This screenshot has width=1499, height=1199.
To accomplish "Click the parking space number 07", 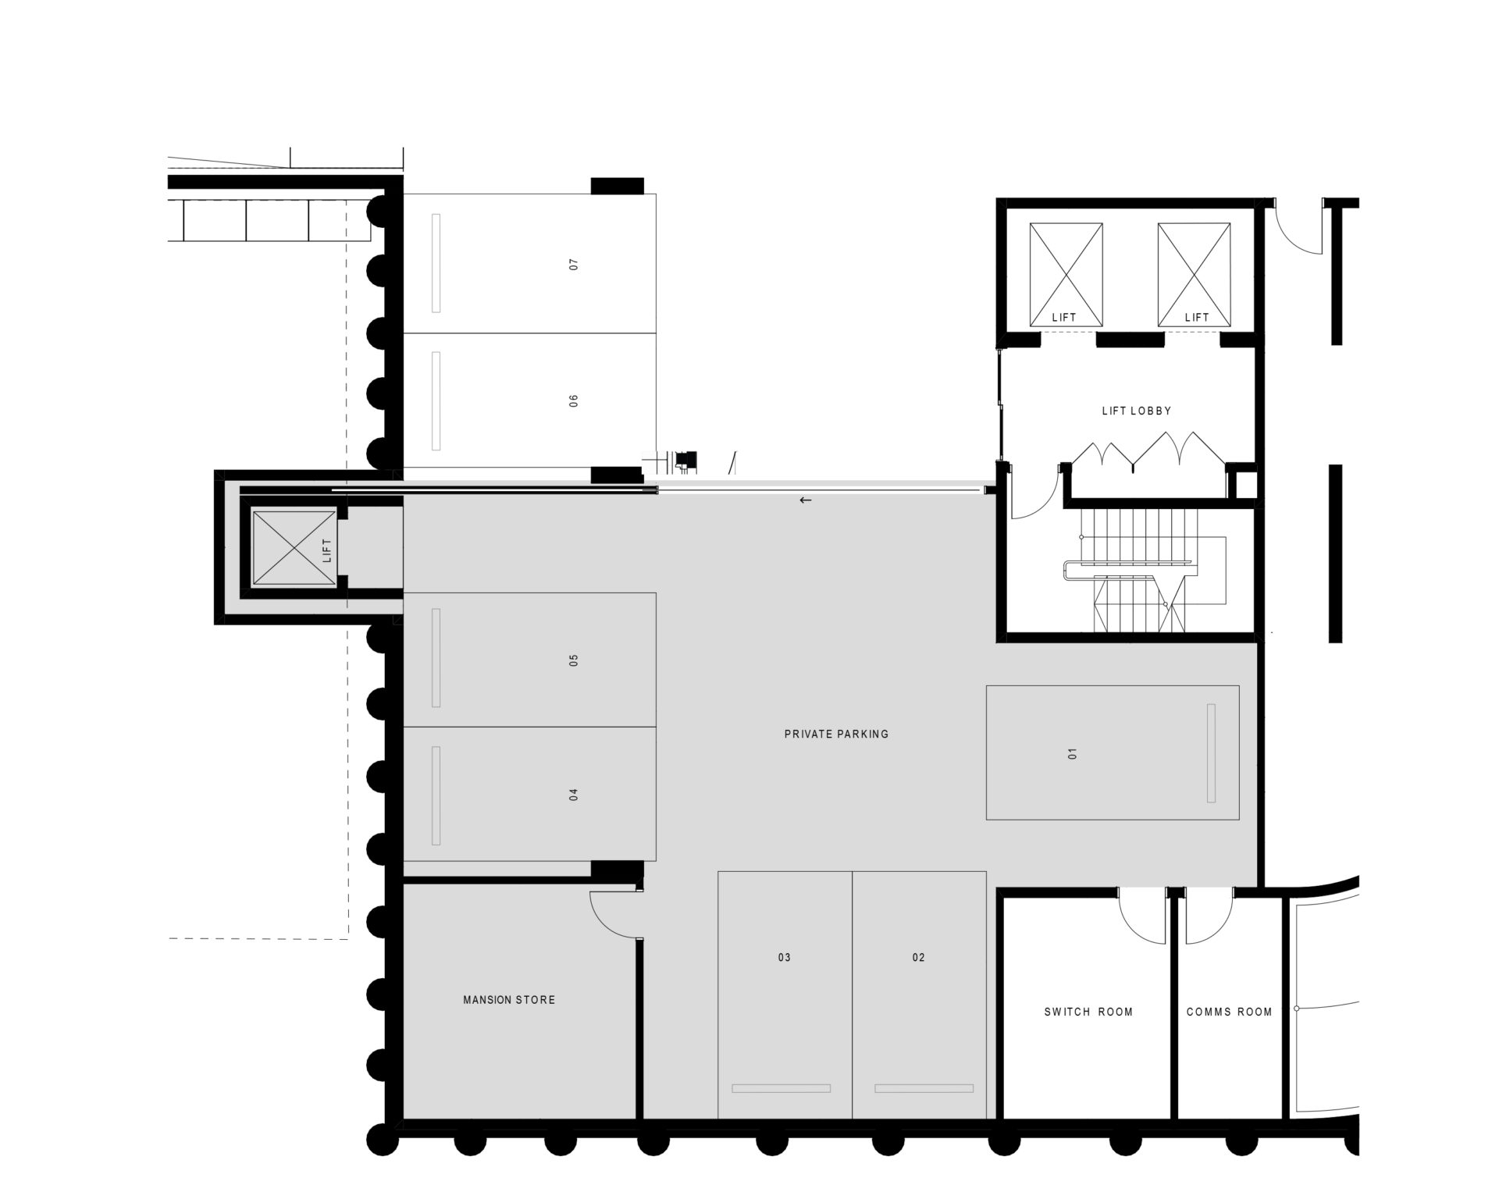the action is point(575,265).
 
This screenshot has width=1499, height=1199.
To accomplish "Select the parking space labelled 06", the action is point(575,401).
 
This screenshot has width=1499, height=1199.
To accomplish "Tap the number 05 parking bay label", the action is point(575,660).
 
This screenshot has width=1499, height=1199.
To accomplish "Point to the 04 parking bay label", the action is point(575,795).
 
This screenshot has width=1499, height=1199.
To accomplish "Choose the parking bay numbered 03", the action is point(785,958).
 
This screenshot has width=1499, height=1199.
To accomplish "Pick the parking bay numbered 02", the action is point(919,958).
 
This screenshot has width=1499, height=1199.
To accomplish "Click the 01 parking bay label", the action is point(1073,753).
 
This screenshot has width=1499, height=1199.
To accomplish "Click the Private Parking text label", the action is point(837,734).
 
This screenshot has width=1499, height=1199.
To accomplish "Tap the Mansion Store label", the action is point(509,999).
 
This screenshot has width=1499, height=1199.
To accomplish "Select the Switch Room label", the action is point(1088,1012).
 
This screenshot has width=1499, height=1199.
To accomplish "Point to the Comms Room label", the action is point(1230,1012).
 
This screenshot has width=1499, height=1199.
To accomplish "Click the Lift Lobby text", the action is point(1137,411).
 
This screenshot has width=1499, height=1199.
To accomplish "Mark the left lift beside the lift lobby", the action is point(1066,275).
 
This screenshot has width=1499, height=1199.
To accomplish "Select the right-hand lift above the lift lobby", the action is point(1195,275).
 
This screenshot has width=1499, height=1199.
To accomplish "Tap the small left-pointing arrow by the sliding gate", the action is point(806,500).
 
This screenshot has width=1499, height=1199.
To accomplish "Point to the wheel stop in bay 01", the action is point(1211,752).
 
